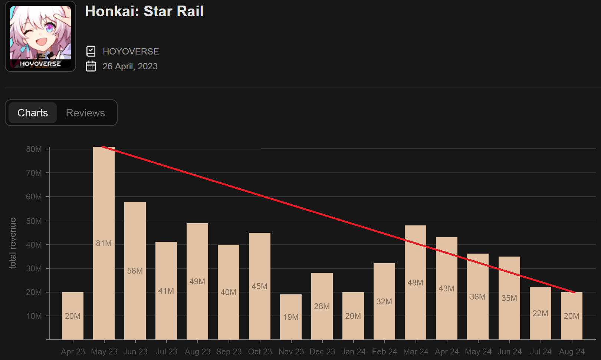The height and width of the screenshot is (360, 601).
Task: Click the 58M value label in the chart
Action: click(135, 271)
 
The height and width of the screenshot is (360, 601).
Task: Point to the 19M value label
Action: click(291, 317)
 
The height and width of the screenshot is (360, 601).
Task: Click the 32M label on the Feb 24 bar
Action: click(384, 302)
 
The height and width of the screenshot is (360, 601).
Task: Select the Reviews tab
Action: click(85, 113)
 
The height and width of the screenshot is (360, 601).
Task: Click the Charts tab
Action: click(33, 113)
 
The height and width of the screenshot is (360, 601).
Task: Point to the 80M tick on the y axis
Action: click(34, 149)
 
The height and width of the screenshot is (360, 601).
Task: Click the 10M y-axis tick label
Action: click(34, 316)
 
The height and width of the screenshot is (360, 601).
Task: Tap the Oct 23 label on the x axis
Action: click(260, 351)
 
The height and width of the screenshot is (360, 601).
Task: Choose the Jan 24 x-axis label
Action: click(353, 351)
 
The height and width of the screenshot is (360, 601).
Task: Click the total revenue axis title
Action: click(13, 243)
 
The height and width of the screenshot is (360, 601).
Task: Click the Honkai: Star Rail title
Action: click(144, 11)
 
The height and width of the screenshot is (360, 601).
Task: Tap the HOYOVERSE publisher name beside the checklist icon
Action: click(131, 52)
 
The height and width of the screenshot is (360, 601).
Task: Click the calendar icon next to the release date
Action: click(91, 66)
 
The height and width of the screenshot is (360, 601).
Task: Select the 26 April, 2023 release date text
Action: click(130, 66)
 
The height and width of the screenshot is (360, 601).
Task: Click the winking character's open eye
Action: click(50, 28)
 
